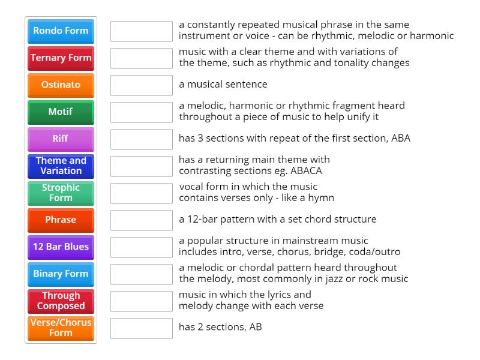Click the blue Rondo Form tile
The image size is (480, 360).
pos(61,31)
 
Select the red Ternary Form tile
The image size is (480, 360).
pos(61,58)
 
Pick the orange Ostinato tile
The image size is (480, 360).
pos(61,85)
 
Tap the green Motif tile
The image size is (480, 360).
pos(61,112)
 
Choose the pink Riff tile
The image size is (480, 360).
pos(61,139)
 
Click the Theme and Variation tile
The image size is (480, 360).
pos(61,166)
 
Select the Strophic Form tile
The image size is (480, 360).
pos(61,193)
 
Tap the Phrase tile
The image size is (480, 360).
pos(61,220)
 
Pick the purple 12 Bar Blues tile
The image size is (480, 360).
pos(61,247)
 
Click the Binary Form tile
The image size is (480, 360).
pos(61,274)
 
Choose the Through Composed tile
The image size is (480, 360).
pos(61,301)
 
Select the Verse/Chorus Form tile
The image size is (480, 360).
pos(61,328)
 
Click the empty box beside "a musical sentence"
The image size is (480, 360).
pos(142,85)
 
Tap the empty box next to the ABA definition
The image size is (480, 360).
pos(142,139)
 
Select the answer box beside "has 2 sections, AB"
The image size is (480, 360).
pos(142,328)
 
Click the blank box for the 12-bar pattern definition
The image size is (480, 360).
pos(142,220)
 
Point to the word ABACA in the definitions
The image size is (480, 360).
pos(306,170)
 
